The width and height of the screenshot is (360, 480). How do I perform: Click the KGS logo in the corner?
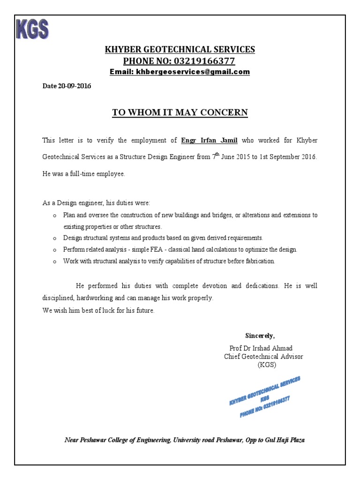(32, 30)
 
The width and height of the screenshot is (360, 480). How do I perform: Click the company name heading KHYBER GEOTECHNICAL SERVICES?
(180, 50)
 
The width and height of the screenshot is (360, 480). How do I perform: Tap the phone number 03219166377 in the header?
(205, 61)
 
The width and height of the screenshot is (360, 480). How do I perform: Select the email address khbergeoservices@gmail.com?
(192, 72)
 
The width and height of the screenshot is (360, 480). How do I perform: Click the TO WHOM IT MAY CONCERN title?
(180, 112)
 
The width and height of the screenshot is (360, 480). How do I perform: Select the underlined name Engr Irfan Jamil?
(207, 140)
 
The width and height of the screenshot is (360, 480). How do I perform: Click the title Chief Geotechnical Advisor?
(264, 357)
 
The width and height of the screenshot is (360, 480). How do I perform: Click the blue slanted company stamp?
(264, 397)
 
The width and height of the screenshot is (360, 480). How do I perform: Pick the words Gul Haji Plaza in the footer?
(284, 440)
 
